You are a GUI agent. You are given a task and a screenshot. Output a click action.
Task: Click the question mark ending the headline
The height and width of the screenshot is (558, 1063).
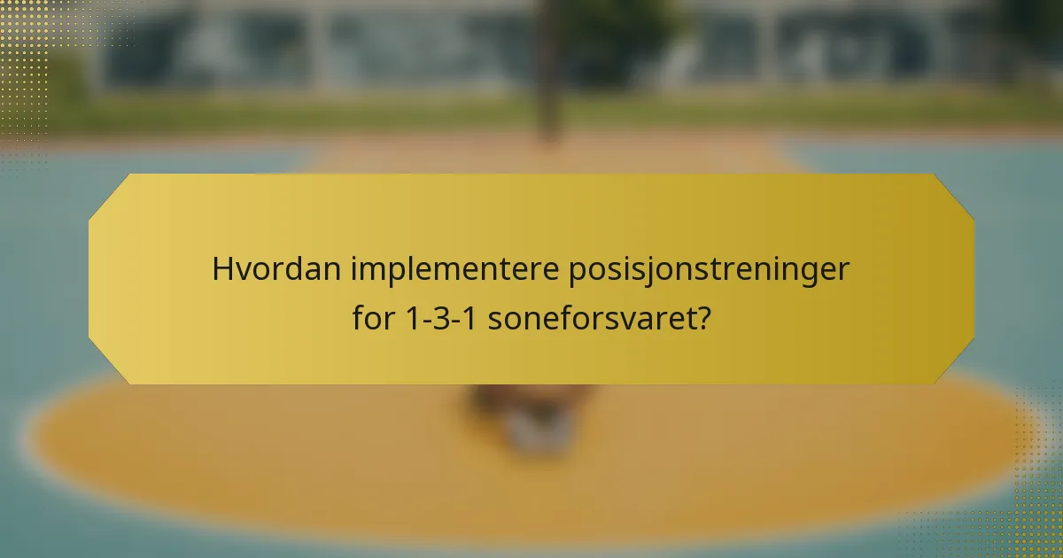pyautogui.click(x=702, y=318)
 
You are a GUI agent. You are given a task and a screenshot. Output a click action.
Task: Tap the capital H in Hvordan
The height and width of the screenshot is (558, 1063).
pyautogui.click(x=221, y=269)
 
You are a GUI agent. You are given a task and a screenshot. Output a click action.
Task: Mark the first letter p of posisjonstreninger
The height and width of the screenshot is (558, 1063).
pyautogui.click(x=576, y=271)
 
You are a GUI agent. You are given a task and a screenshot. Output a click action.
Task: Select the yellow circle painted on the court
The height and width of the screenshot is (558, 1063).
pyautogui.click(x=266, y=443)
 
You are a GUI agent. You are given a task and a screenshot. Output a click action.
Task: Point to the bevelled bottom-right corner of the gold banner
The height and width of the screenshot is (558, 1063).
pyautogui.click(x=953, y=364)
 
